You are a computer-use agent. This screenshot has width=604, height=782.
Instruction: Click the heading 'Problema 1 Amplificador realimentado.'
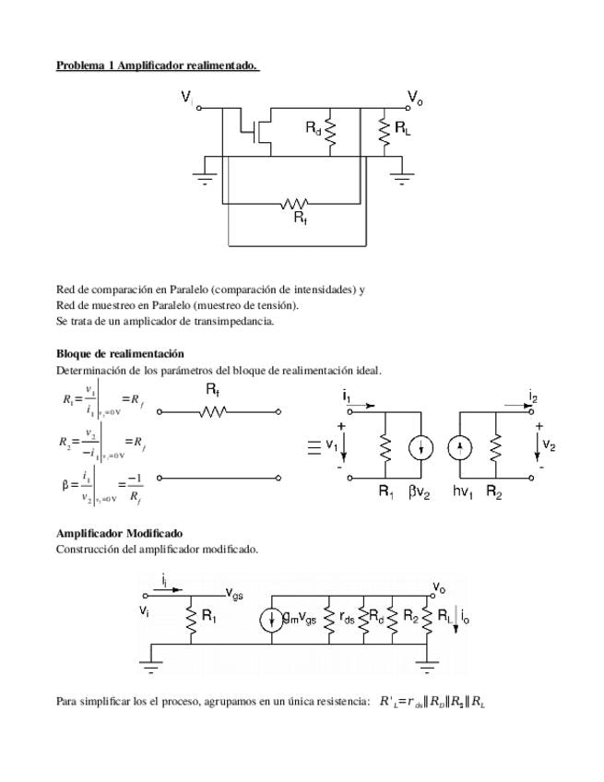click(157, 65)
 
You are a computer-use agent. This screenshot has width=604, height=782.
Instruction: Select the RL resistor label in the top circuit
click(402, 129)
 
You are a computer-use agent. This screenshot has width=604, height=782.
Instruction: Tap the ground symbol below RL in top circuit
click(402, 178)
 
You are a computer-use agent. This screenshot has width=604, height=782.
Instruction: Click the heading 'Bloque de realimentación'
click(120, 353)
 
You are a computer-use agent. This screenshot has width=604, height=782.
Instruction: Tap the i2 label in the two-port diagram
click(533, 397)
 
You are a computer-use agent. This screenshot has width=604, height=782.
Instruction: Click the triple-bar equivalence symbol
click(313, 447)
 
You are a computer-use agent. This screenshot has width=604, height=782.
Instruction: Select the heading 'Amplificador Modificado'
click(119, 533)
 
